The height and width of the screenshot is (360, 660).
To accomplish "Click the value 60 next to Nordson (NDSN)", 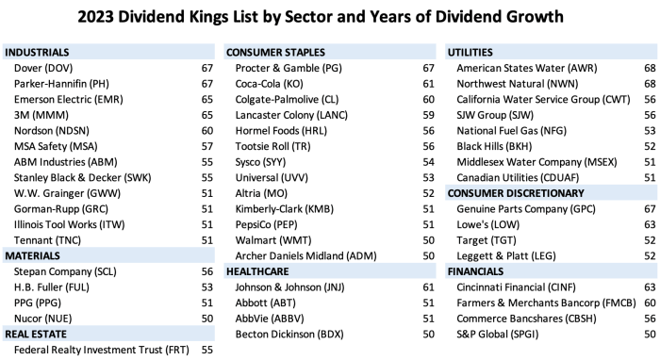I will tap(207, 131).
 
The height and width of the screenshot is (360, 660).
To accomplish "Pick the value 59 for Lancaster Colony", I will tap(427, 115).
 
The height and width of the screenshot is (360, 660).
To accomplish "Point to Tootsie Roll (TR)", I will tap(275, 146).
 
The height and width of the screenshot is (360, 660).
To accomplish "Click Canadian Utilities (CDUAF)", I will tap(517, 177).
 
